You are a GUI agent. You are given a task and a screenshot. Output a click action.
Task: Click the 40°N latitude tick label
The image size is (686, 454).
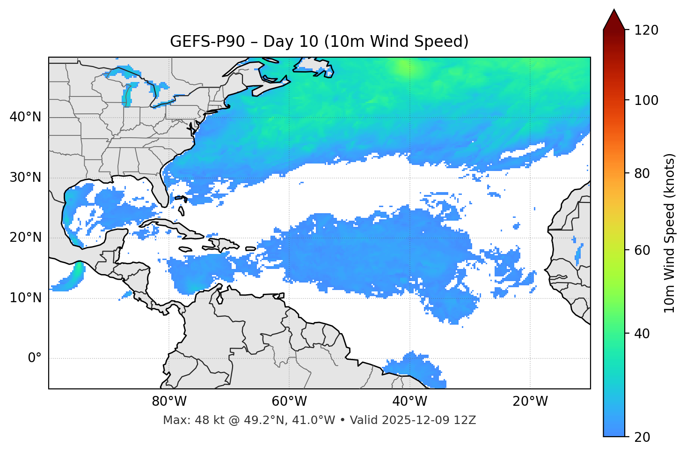(25, 117)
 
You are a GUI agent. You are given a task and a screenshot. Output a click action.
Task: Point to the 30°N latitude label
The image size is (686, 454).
(25, 178)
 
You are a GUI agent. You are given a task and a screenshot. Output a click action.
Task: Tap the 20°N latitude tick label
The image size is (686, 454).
(25, 238)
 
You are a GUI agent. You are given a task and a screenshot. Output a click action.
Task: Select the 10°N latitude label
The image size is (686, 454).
(25, 298)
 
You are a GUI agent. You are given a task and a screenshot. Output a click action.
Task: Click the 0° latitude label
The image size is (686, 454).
(34, 358)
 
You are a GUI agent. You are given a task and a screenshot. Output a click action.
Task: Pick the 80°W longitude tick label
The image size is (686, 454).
(169, 402)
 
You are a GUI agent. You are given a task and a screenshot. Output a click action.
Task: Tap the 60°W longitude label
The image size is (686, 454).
(289, 402)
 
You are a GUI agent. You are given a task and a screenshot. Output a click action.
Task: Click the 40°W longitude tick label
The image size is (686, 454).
(409, 402)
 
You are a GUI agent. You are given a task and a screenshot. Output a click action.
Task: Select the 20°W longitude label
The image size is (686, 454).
(530, 402)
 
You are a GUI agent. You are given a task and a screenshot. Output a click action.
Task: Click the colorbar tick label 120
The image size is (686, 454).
(646, 30)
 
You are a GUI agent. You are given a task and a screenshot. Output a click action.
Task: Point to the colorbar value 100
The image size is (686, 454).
(646, 100)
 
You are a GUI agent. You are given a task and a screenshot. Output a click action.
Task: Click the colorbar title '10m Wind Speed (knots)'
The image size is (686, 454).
(670, 233)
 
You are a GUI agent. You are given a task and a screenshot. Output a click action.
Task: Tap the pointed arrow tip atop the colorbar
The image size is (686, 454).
(614, 10)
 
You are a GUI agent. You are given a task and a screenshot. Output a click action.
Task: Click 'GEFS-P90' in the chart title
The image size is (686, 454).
(207, 42)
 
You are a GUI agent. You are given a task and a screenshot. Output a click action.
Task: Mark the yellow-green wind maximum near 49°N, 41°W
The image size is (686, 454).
(403, 67)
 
